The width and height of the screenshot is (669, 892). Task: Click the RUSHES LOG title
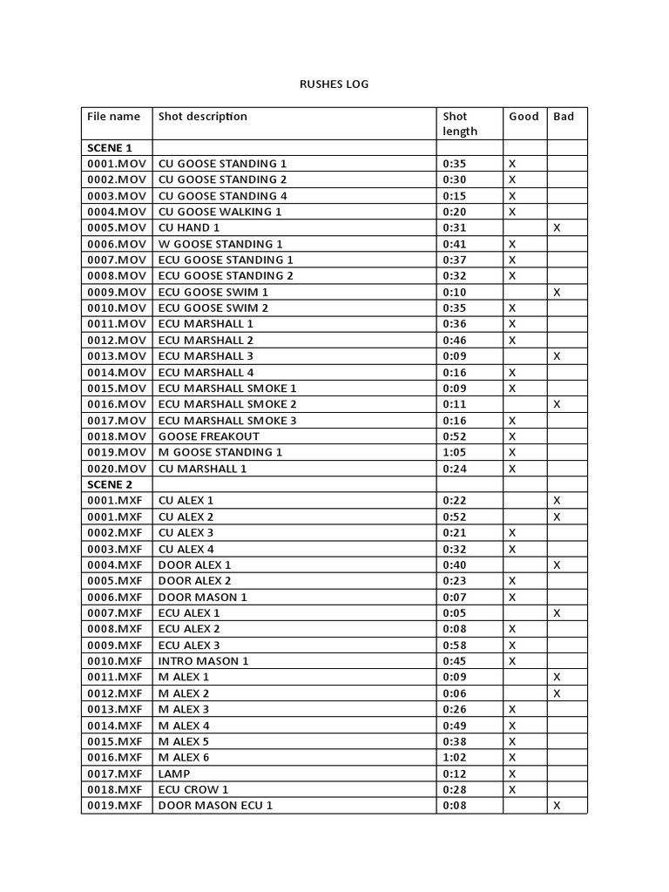334,84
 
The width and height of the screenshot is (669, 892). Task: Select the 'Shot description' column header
202,117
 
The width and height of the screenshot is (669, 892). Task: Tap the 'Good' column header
524,117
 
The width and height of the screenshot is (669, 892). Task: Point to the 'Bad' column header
564,117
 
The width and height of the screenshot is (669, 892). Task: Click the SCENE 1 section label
110,148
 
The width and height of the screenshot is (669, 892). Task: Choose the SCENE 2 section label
110,484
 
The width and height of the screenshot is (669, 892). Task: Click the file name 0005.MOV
117,227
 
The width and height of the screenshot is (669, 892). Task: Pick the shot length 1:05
455,452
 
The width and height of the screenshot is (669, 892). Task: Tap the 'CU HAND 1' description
189,227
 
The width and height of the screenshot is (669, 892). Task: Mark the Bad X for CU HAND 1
557,227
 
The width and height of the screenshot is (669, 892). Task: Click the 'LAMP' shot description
174,774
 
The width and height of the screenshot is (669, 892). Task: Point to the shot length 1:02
455,758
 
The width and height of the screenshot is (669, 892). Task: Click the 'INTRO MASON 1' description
204,661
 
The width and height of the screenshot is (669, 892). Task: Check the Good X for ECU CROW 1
512,790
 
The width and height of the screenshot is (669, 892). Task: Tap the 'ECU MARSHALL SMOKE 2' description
227,404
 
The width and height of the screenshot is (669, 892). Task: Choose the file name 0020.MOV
117,469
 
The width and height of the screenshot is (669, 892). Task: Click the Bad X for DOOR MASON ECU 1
557,806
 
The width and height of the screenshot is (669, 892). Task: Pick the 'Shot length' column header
460,124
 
